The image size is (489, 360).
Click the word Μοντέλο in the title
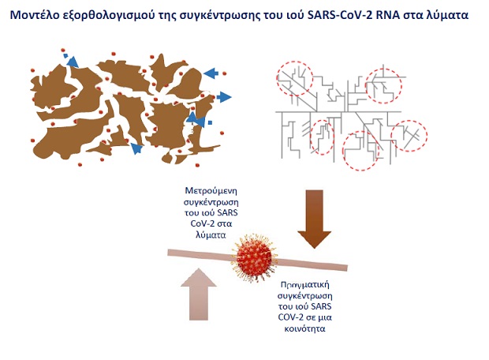[x=34, y=15]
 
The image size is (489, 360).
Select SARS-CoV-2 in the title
[x=340, y=15]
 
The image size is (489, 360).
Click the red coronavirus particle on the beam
[x=254, y=258]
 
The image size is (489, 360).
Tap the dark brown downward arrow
[x=315, y=219]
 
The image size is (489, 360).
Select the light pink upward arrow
[x=199, y=294]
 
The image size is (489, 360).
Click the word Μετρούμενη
[x=211, y=190]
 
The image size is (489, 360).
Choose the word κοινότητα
[x=304, y=328]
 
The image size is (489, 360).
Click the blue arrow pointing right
[x=224, y=97]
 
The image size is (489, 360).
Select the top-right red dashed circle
[x=366, y=86]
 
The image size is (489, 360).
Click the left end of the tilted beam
[x=169, y=253]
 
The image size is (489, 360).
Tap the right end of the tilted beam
[x=347, y=268]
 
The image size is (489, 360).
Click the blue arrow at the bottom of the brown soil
[x=136, y=148]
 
